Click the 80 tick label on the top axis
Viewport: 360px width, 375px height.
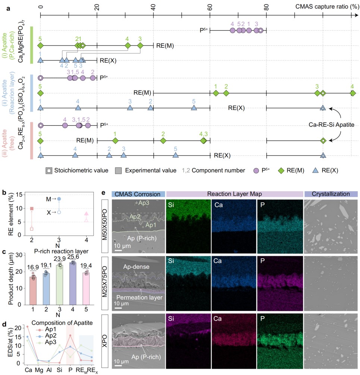(266, 6)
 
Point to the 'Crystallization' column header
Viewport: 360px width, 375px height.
(331, 194)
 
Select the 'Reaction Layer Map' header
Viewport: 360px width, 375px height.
(234, 194)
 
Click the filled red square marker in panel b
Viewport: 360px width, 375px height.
(32, 209)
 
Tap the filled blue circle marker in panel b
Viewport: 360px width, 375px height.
(59, 199)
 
